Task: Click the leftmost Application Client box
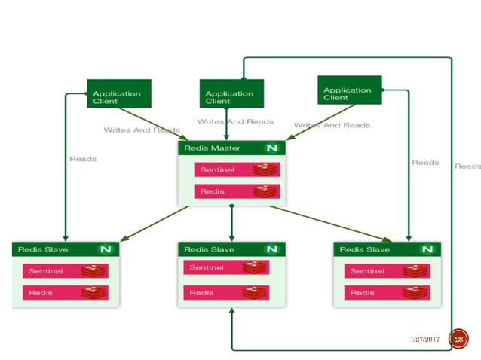click(x=119, y=93)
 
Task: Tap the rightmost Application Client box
click(x=350, y=90)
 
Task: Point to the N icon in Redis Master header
click(x=271, y=148)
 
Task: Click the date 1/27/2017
click(x=424, y=340)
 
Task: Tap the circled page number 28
click(x=458, y=340)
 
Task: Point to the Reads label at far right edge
click(x=468, y=166)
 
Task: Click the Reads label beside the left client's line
click(x=83, y=159)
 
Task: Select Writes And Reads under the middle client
click(x=235, y=121)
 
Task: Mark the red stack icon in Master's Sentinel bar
click(x=265, y=170)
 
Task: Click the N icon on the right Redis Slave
click(x=427, y=249)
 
